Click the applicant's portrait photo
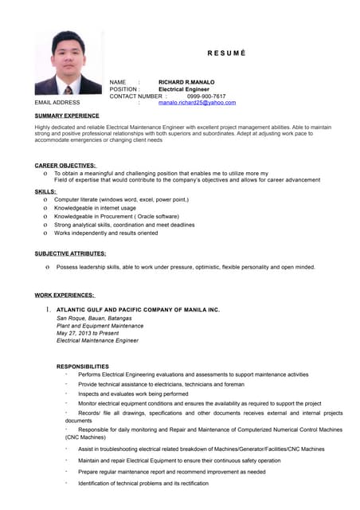68,63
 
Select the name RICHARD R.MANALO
186,82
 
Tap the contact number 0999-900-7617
206,96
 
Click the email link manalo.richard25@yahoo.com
197,103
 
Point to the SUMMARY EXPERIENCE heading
67,116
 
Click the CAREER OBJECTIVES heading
65,165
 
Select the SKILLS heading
45,191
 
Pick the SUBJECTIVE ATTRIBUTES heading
70,253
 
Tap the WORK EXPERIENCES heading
65,295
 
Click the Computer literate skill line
121,199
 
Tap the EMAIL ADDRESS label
57,103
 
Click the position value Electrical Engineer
184,89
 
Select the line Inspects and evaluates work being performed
133,394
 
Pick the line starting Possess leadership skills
186,267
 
